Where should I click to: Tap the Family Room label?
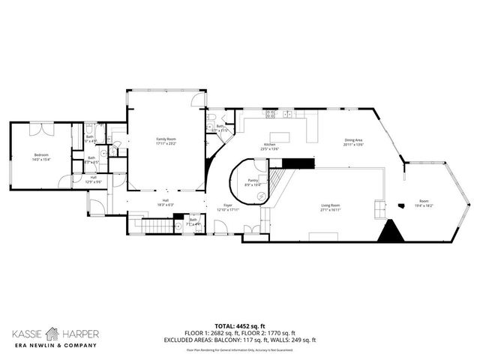[x=166, y=139]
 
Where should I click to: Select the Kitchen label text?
[x=270, y=145]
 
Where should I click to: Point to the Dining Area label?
[x=354, y=140]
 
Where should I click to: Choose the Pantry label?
[x=253, y=181]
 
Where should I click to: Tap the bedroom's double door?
[x=41, y=129]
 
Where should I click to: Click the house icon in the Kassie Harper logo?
[x=52, y=332]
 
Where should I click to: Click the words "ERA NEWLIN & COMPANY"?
[x=52, y=346]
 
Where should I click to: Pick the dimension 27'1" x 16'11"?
[x=331, y=210]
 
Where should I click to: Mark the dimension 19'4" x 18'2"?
[x=424, y=206]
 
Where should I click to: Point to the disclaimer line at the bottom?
[x=240, y=350]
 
